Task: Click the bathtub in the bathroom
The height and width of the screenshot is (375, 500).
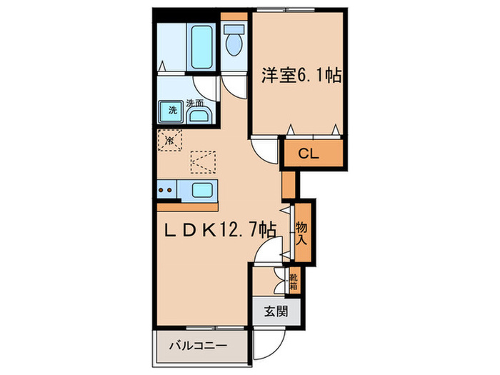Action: pyautogui.click(x=201, y=46)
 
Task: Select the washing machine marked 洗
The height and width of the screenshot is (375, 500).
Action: pyautogui.click(x=172, y=111)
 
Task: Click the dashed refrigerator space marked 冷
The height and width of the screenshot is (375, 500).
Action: pyautogui.click(x=169, y=140)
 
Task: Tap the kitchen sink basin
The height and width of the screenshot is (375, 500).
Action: pyautogui.click(x=202, y=190)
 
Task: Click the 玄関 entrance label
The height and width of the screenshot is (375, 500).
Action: pyautogui.click(x=275, y=311)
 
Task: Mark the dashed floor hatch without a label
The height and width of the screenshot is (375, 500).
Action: pyautogui.click(x=203, y=161)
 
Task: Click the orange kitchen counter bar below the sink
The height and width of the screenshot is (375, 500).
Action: pyautogui.click(x=187, y=206)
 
